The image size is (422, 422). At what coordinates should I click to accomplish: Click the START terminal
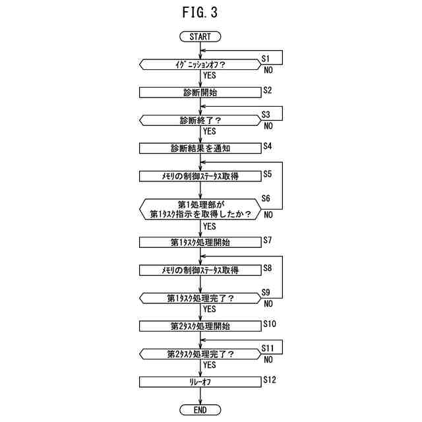[200, 37]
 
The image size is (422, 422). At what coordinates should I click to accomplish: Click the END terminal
[200, 409]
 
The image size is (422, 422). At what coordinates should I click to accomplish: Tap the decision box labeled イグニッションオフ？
[200, 65]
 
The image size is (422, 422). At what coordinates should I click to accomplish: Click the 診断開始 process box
[200, 92]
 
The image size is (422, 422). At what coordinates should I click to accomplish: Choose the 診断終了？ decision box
[200, 121]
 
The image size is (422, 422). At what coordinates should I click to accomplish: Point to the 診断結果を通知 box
[200, 148]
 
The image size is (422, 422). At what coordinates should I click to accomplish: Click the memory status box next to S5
[200, 176]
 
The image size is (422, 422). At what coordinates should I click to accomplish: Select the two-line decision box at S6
[200, 208]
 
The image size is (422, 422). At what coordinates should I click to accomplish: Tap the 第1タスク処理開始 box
[200, 242]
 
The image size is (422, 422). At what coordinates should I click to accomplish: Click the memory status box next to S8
[200, 270]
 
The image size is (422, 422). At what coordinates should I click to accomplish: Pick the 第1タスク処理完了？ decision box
[200, 298]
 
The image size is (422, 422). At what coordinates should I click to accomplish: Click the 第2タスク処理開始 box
[200, 326]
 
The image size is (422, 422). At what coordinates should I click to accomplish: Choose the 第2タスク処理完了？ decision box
[200, 353]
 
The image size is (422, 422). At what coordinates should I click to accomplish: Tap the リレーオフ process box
[200, 382]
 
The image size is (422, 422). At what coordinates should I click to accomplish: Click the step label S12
[270, 379]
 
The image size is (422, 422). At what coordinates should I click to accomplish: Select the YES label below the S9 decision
[210, 309]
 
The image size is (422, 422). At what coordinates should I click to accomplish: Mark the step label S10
[270, 323]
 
